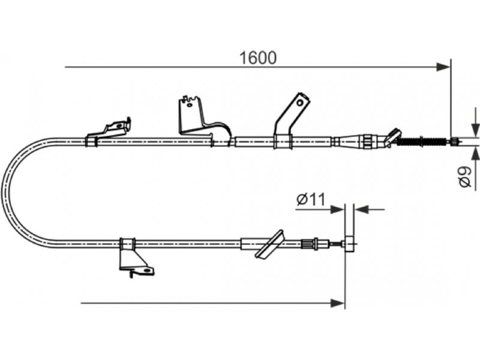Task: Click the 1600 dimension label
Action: tap(258, 58)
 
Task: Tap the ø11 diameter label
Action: tap(311, 200)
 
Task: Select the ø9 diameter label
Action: tap(466, 177)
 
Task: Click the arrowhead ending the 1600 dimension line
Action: tap(443, 67)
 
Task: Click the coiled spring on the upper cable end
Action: tap(422, 142)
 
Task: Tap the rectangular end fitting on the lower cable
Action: tap(349, 244)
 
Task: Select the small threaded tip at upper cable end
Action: tap(455, 142)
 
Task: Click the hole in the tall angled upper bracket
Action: tap(300, 103)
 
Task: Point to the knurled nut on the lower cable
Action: tap(307, 244)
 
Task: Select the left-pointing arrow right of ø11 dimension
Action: tap(369, 209)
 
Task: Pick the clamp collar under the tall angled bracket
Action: tap(282, 142)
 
